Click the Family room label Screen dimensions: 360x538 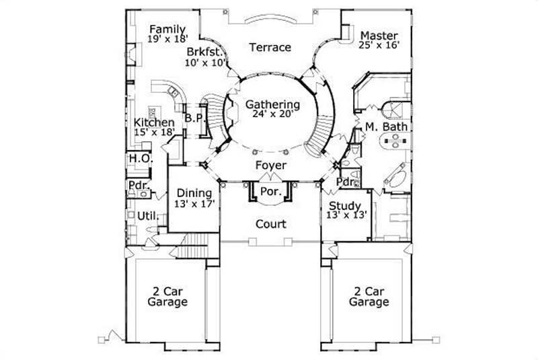pyautogui.click(x=167, y=29)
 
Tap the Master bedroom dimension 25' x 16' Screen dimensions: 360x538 pyautogui.click(x=380, y=46)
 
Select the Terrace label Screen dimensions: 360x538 pyautogui.click(x=270, y=47)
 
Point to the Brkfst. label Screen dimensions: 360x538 pyautogui.click(x=205, y=51)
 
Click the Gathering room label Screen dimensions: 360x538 pyautogui.click(x=272, y=104)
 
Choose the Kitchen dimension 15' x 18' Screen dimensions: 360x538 pyautogui.click(x=154, y=133)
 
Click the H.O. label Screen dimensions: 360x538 pyautogui.click(x=141, y=159)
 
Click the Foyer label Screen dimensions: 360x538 pyautogui.click(x=272, y=165)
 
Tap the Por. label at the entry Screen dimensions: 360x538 pyautogui.click(x=271, y=190)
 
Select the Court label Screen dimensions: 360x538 pyautogui.click(x=271, y=224)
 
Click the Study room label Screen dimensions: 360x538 pyautogui.click(x=345, y=206)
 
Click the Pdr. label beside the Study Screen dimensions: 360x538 pyautogui.click(x=345, y=182)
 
